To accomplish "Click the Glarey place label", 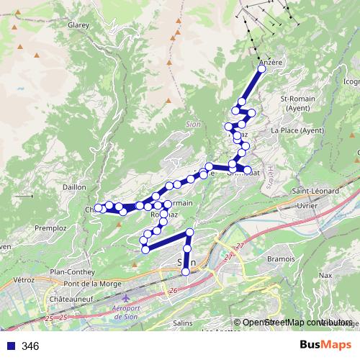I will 77,24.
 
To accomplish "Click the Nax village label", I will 325,275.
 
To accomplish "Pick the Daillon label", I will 74,186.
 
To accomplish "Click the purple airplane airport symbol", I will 127,297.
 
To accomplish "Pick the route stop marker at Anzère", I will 261,69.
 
